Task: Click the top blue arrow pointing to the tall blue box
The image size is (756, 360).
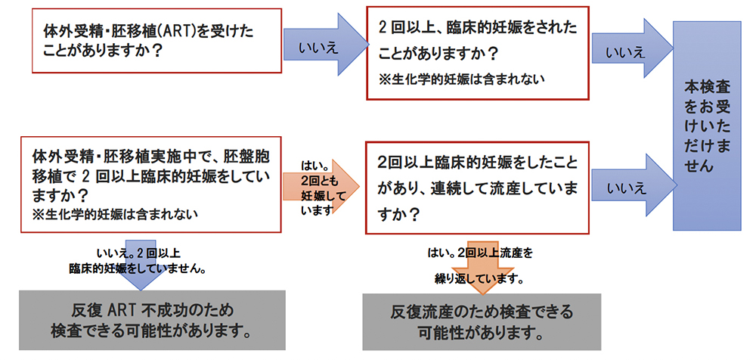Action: click(x=632, y=48)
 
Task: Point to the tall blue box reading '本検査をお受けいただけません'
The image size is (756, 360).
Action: click(x=707, y=126)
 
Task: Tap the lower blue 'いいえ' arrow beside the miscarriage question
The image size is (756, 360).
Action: click(x=632, y=185)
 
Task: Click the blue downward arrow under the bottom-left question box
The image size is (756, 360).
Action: click(x=141, y=265)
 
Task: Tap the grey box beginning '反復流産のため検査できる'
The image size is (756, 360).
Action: click(x=482, y=321)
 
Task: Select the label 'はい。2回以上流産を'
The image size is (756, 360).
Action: click(x=480, y=253)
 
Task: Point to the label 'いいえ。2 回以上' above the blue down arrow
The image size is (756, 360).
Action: click(x=139, y=253)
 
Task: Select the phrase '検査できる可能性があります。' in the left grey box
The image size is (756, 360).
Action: click(x=151, y=331)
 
